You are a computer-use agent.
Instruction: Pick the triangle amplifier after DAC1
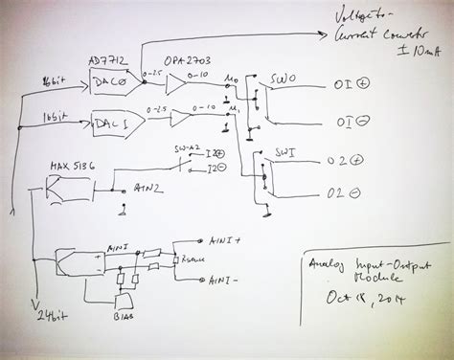pyautogui.click(x=172, y=120)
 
